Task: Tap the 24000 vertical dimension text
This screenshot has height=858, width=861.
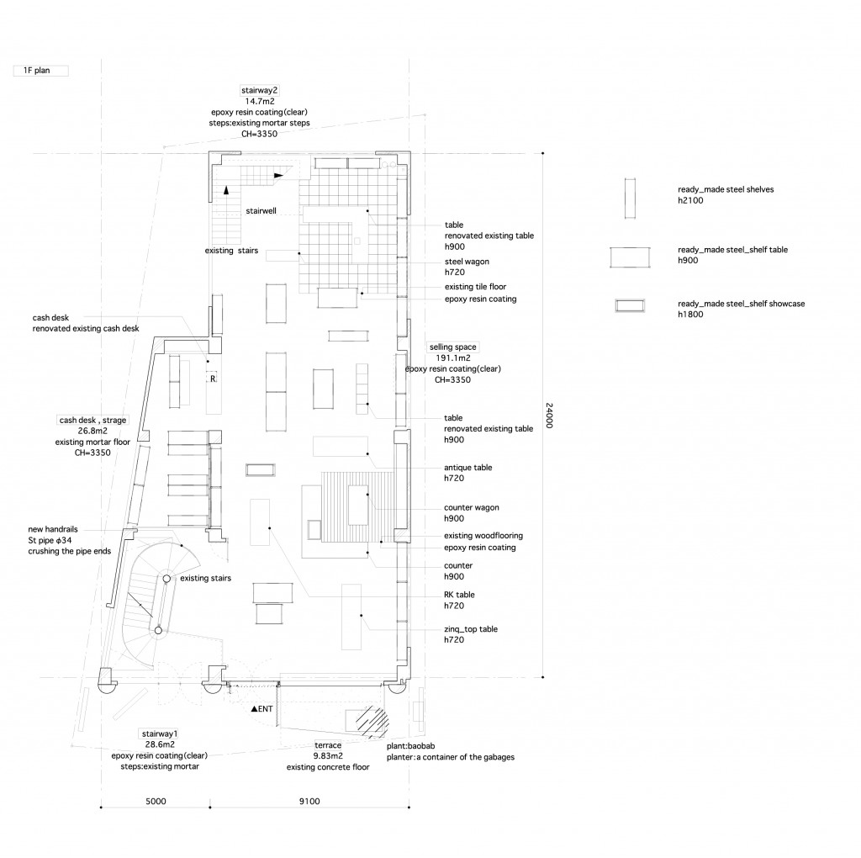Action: pos(549,416)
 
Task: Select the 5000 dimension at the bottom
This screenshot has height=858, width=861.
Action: pos(155,802)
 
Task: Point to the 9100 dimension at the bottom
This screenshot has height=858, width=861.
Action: pos(309,802)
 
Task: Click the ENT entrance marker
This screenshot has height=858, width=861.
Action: pos(261,709)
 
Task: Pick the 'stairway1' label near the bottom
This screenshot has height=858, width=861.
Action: pos(159,734)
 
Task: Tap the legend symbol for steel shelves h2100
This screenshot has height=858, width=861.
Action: pos(627,199)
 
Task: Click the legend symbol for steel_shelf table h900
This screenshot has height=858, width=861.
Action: pos(632,256)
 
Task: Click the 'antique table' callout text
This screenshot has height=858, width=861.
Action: pos(467,468)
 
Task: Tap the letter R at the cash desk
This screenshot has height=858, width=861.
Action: pos(214,379)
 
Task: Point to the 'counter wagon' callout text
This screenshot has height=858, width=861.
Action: pos(472,508)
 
